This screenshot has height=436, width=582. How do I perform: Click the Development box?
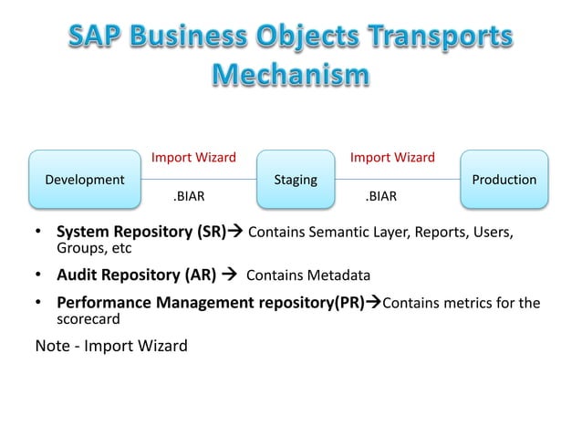78,180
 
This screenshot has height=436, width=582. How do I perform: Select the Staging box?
296,180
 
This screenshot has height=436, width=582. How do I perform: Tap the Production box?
504,180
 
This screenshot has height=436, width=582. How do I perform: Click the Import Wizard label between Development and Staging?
193,158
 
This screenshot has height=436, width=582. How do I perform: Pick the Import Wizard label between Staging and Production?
392,158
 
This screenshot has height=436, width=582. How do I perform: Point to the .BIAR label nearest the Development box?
189,195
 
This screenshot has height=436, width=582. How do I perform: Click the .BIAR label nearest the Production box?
380,195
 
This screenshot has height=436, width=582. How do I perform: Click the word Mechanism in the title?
291,73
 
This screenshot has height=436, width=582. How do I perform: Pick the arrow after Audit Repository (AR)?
226,275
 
